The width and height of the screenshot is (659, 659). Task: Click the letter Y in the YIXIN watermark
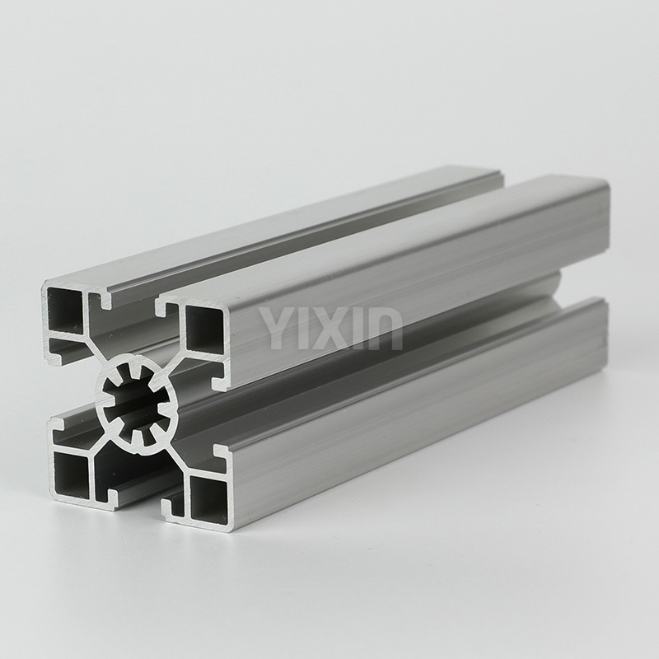274,328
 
